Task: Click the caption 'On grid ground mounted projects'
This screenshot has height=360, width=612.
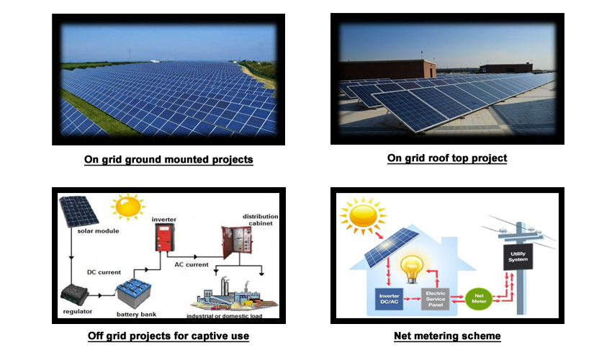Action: (x=168, y=159)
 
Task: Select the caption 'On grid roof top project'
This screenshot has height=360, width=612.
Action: (x=447, y=158)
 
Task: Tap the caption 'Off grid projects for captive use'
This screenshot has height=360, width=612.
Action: (x=168, y=336)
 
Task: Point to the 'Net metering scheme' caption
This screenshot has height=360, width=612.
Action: (x=447, y=336)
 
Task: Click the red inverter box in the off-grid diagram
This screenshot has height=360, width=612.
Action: (x=164, y=238)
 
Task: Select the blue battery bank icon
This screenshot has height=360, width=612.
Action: (x=134, y=294)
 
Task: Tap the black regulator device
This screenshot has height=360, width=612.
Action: (x=75, y=295)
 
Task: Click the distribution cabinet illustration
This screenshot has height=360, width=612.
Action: (x=236, y=242)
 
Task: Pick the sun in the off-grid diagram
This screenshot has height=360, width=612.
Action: (x=127, y=207)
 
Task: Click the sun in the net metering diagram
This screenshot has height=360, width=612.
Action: (x=363, y=216)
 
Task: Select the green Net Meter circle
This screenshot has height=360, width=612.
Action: (x=479, y=299)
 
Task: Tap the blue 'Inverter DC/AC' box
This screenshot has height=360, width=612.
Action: (x=389, y=299)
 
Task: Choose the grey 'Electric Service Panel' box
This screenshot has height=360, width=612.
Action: (x=435, y=299)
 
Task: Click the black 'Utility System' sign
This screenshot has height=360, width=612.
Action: (x=518, y=257)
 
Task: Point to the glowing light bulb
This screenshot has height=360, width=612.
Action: (x=412, y=269)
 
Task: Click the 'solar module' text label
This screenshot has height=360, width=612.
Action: (x=98, y=230)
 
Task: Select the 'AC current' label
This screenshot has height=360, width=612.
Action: (x=192, y=264)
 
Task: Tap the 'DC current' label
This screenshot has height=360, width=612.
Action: (x=104, y=272)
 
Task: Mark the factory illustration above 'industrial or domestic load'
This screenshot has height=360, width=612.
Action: (x=234, y=296)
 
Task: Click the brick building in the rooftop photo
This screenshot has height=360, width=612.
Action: (x=387, y=70)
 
